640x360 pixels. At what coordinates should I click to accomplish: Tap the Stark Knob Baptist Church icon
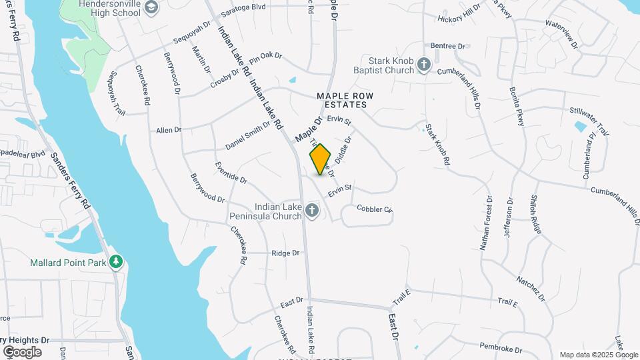tap(423, 65)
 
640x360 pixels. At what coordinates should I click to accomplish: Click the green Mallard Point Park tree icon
tap(117, 262)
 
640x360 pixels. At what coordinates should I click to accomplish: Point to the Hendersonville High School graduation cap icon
tap(151, 7)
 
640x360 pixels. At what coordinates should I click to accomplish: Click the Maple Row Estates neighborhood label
tap(345, 101)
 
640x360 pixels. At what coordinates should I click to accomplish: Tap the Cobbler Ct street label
tap(375, 209)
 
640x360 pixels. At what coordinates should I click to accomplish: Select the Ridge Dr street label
tap(285, 253)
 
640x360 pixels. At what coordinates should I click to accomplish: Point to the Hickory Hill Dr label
tap(459, 15)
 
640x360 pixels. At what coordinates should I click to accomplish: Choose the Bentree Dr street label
tap(447, 46)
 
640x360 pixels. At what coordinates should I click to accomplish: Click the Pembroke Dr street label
tap(499, 347)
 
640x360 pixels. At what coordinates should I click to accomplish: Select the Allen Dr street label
tap(169, 130)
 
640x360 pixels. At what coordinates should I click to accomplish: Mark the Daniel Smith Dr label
tap(247, 134)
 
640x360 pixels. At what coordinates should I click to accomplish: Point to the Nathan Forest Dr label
tap(485, 223)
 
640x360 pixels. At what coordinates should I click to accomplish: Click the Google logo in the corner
tap(22, 351)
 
